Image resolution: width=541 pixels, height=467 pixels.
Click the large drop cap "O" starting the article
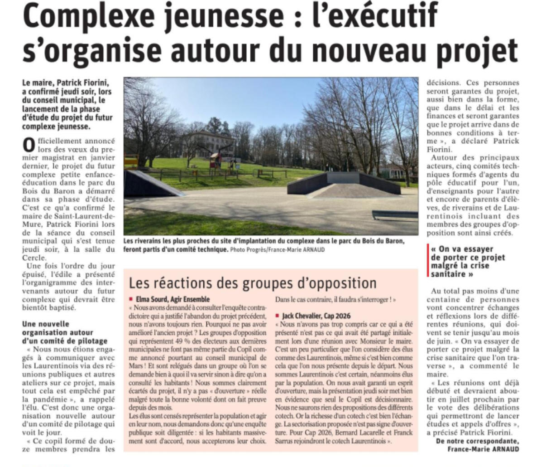[28, 145]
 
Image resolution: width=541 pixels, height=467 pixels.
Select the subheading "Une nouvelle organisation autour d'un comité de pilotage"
[65, 332]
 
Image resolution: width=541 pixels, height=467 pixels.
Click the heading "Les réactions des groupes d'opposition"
[253, 283]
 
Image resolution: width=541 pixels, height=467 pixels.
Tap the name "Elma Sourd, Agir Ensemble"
[173, 299]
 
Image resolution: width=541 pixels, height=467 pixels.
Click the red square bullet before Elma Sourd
[131, 299]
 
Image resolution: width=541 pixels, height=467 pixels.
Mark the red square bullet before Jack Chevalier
[278, 316]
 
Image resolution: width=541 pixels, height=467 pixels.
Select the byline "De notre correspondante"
[478, 441]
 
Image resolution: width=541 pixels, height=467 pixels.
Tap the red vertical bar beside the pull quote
[428, 262]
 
